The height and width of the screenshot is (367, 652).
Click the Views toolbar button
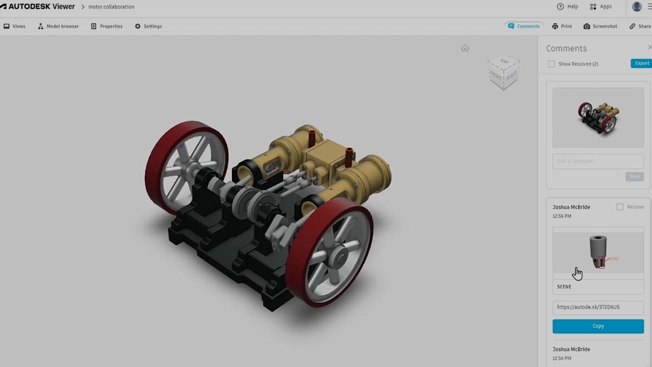(14, 26)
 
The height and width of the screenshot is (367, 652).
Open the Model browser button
(58, 26)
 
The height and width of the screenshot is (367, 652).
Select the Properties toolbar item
(107, 26)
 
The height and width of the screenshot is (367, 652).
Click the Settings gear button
(148, 26)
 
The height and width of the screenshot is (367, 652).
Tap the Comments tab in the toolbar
(523, 26)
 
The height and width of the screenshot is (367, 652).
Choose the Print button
(562, 26)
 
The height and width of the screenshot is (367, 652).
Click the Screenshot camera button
(600, 26)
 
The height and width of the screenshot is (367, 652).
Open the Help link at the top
(567, 7)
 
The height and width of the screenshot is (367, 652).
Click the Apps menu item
(601, 7)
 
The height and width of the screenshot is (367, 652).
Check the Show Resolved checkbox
(551, 64)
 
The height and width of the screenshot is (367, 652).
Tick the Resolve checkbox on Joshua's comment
(620, 207)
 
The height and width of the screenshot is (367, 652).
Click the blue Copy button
(598, 326)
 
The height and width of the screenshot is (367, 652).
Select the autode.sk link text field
(598, 307)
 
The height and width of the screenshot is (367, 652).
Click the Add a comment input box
(598, 161)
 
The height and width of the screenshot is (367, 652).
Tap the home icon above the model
(465, 48)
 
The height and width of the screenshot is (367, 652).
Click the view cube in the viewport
(504, 72)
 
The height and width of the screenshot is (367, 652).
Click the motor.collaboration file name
(111, 7)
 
